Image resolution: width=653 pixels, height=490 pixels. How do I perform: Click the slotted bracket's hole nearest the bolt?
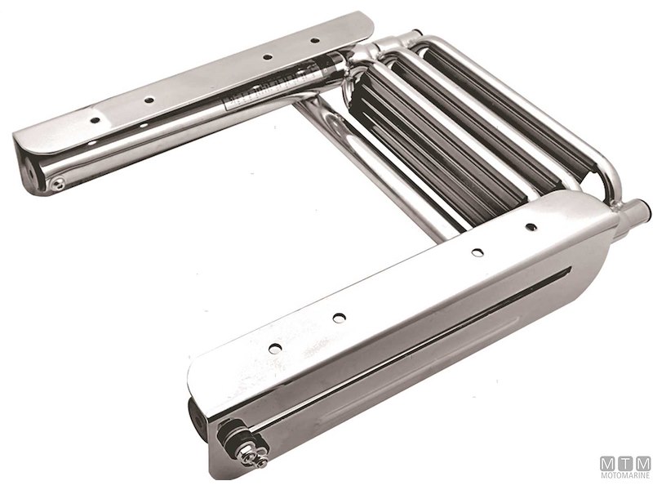click(x=275, y=349)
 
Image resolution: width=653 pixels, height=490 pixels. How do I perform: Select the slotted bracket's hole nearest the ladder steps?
click(x=531, y=226)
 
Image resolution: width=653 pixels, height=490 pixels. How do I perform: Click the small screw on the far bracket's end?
click(x=57, y=184)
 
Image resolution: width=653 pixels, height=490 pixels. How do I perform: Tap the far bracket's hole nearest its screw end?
click(x=96, y=119)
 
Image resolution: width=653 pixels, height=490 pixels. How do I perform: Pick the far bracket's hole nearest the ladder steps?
click(x=314, y=40)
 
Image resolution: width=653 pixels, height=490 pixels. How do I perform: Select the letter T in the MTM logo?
click(x=625, y=463)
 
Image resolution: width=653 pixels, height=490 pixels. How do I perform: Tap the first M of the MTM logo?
click(x=608, y=463)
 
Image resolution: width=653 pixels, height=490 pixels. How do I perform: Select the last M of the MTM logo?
click(x=642, y=463)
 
